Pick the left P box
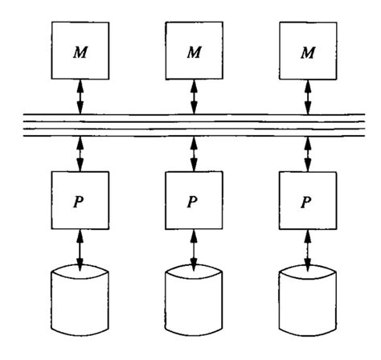point(79,200)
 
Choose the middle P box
point(192,200)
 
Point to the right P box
point(307,200)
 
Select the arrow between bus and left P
point(79,153)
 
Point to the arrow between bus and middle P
point(192,153)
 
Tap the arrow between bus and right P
point(307,153)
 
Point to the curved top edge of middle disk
point(192,272)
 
